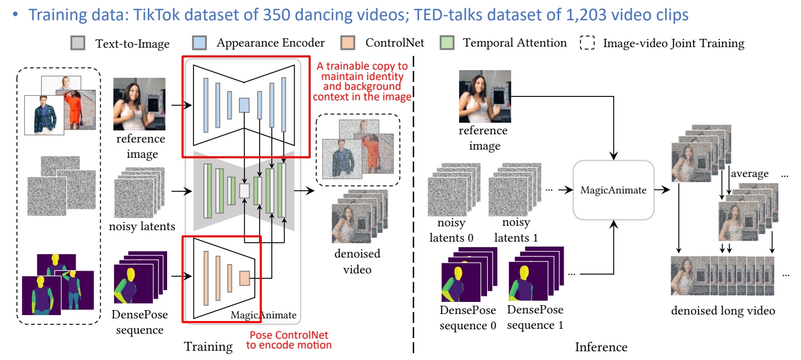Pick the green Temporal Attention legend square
(x=447, y=43)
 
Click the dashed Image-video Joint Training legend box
(x=587, y=43)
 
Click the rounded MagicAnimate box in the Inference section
(x=614, y=190)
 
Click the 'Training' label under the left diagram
(x=208, y=346)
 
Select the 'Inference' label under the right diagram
(x=601, y=347)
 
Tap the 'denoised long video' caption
(x=723, y=311)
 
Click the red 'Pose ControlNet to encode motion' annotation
(x=290, y=340)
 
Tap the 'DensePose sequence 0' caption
(x=468, y=318)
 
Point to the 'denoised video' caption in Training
(x=357, y=261)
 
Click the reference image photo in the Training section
(x=140, y=104)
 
